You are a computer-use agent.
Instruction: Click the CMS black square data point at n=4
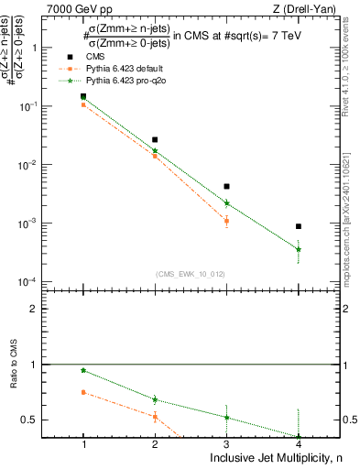pyautogui.click(x=299, y=226)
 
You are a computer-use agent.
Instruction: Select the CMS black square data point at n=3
pyautogui.click(x=226, y=186)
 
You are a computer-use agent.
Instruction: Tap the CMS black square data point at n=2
pyautogui.click(x=155, y=140)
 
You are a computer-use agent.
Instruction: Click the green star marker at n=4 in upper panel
pyautogui.click(x=299, y=249)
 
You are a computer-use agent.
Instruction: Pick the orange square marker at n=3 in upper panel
pyautogui.click(x=226, y=221)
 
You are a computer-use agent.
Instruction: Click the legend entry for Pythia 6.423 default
pyautogui.click(x=93, y=69)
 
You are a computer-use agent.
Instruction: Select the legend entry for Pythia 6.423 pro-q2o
pyautogui.click(x=93, y=82)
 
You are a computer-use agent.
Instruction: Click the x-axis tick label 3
pyautogui.click(x=226, y=444)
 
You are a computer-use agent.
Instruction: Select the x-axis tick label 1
pyautogui.click(x=83, y=444)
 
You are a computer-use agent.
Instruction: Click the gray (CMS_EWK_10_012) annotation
pyautogui.click(x=190, y=274)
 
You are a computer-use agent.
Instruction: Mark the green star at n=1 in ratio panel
pyautogui.click(x=83, y=371)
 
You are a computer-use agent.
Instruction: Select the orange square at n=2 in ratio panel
pyautogui.click(x=155, y=417)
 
